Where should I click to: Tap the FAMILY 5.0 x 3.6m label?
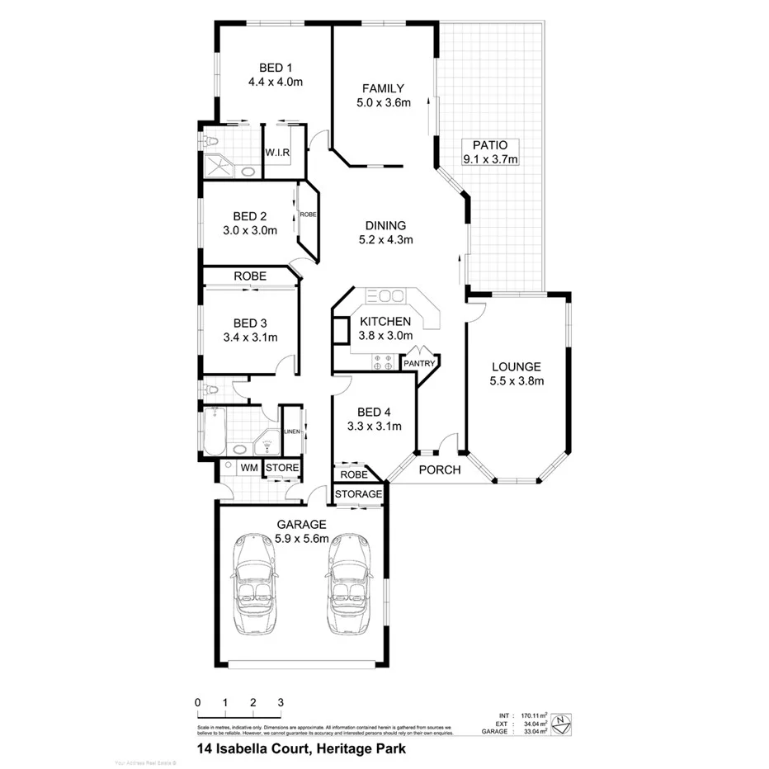(x=383, y=89)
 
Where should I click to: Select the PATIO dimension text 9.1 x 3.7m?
(x=490, y=159)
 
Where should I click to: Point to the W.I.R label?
(x=276, y=153)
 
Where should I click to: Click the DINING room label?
(x=385, y=225)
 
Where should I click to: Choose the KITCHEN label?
(x=384, y=321)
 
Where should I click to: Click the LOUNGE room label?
(x=516, y=366)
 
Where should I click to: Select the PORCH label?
(x=439, y=470)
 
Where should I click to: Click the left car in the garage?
(x=257, y=584)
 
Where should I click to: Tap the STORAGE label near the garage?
(x=359, y=494)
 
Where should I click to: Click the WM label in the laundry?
(x=248, y=469)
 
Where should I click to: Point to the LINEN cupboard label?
(x=291, y=432)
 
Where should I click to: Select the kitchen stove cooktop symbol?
(x=383, y=359)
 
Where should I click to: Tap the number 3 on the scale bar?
(x=281, y=702)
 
